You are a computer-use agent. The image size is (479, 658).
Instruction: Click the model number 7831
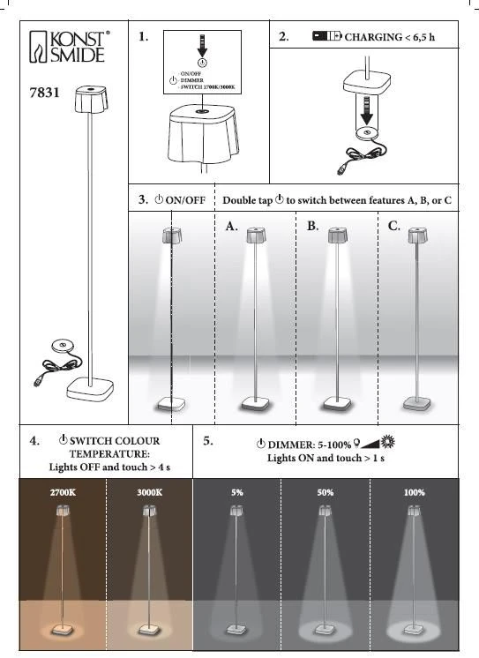(44, 93)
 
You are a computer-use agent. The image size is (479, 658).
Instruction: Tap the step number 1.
(144, 36)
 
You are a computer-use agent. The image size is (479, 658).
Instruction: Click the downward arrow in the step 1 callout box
(202, 46)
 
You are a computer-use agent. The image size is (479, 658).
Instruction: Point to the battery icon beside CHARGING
(327, 36)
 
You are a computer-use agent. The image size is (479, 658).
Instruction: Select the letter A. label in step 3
(231, 227)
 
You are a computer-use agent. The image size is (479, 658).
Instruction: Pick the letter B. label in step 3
(312, 226)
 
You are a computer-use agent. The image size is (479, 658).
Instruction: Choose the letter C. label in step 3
(393, 226)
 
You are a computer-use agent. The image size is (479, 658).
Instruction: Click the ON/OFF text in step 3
(185, 200)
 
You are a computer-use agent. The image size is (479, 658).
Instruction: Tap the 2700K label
(63, 492)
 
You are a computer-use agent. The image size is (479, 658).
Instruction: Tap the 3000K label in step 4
(149, 492)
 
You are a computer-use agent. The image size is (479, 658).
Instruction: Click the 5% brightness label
(237, 492)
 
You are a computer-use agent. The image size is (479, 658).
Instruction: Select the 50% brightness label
(326, 492)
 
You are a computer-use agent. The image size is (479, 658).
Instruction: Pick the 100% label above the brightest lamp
(415, 492)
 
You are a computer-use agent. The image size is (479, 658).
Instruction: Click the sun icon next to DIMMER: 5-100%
(387, 442)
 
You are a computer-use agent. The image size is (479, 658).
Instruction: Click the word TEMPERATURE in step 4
(109, 454)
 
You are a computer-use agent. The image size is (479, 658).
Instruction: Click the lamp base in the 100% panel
(414, 629)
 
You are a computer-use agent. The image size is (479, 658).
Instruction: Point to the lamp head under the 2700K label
(63, 511)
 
